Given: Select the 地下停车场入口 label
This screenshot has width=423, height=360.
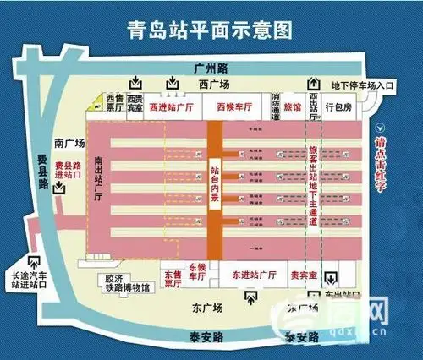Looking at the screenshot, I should pos(362,85).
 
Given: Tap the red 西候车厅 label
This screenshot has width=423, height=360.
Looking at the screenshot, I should pos(232,107).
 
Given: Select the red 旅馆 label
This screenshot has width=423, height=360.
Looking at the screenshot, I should pos(291,108).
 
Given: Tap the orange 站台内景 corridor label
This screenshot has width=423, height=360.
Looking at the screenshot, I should pos(215,187).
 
